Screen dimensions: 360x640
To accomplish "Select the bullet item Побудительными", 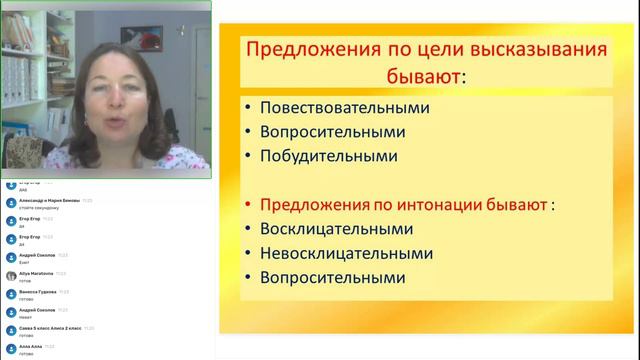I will [328, 156].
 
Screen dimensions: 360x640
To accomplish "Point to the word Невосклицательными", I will [350, 253].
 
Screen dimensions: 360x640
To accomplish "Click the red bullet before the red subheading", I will [246, 204].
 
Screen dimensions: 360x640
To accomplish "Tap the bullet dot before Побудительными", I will [246, 157].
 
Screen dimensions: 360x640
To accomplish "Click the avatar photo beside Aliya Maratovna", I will [11, 275].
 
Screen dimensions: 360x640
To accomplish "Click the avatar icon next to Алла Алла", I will [11, 348].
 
